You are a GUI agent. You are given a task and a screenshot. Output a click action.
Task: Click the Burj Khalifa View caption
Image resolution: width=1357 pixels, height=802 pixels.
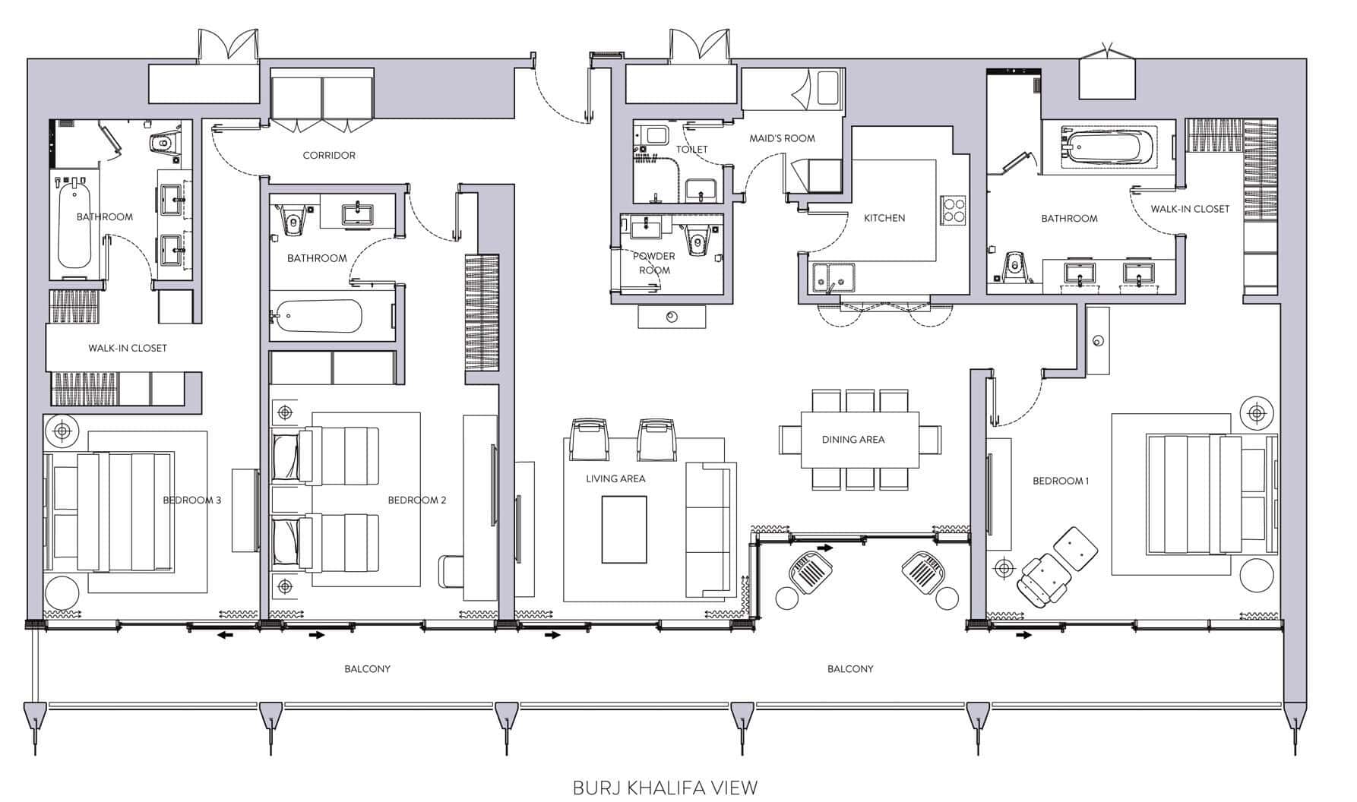click(665, 788)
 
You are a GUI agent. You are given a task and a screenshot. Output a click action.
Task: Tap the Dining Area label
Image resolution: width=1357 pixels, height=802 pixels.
click(853, 439)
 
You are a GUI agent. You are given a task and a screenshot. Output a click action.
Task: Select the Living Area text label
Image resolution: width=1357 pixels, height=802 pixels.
click(615, 478)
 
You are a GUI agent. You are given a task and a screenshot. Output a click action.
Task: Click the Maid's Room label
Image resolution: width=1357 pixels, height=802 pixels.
click(782, 138)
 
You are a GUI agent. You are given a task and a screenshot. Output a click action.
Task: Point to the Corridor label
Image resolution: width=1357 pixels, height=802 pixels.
click(329, 155)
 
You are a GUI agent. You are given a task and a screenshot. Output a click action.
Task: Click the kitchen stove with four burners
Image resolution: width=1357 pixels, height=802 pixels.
click(954, 210)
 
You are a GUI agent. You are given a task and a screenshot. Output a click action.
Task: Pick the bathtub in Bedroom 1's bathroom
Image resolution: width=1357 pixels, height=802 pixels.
click(1109, 146)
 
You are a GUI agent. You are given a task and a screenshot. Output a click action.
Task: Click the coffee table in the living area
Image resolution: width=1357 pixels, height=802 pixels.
click(625, 529)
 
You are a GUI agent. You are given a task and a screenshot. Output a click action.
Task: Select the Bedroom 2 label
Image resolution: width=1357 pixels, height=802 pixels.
click(417, 500)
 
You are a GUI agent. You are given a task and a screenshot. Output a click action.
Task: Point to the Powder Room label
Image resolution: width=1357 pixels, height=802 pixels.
click(654, 263)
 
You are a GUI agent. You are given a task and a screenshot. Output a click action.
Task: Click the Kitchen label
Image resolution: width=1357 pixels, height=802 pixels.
click(884, 218)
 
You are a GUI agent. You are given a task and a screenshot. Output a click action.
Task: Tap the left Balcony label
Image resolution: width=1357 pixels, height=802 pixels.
click(367, 669)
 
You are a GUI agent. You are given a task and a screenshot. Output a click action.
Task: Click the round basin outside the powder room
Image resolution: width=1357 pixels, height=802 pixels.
click(672, 317)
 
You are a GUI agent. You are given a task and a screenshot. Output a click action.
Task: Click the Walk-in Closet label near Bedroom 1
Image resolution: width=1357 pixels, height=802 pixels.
click(1190, 209)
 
